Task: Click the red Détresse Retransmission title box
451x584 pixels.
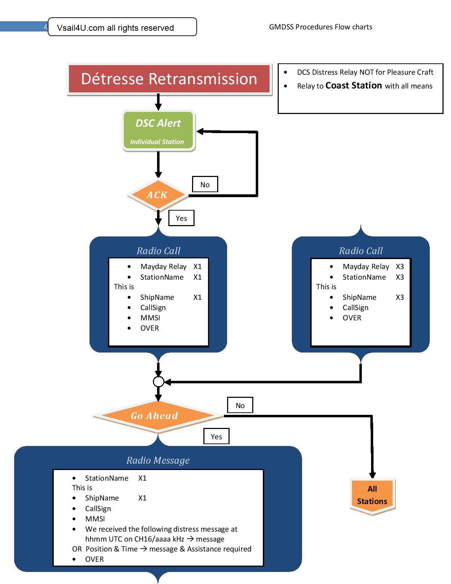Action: click(x=169, y=79)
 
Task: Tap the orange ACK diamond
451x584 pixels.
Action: click(x=157, y=195)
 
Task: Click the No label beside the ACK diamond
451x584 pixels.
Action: click(x=205, y=184)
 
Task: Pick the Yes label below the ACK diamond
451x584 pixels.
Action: click(x=181, y=218)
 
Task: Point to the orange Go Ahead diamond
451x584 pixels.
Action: click(x=155, y=416)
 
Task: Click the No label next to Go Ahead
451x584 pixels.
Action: click(x=240, y=405)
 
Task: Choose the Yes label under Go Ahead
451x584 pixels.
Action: click(x=216, y=436)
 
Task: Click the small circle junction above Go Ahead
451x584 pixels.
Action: click(x=158, y=382)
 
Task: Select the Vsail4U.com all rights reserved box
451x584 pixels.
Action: click(x=122, y=27)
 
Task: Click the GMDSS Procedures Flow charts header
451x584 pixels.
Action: click(x=320, y=27)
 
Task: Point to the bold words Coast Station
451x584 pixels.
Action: click(x=353, y=86)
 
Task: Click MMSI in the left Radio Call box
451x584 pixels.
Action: click(x=150, y=318)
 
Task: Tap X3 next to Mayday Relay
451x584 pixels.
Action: click(x=400, y=267)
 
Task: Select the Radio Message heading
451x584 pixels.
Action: click(x=158, y=460)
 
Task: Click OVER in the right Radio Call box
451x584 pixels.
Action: click(x=352, y=318)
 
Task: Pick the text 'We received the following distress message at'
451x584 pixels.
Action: click(x=161, y=529)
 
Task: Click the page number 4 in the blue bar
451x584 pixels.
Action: click(x=45, y=27)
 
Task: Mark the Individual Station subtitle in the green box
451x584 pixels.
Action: click(x=157, y=142)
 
